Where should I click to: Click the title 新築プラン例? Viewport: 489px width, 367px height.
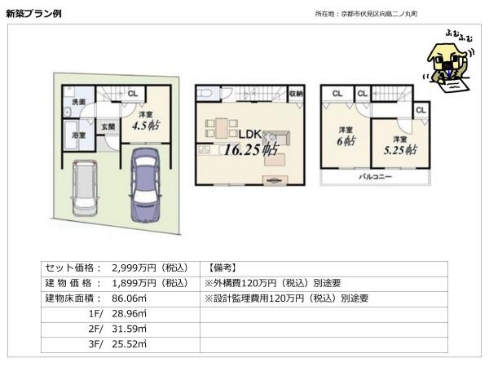(x=33, y=14)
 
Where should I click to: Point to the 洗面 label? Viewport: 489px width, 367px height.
(x=78, y=102)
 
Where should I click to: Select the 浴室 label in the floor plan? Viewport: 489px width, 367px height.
(x=78, y=134)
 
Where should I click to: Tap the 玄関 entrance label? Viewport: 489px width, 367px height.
(x=108, y=127)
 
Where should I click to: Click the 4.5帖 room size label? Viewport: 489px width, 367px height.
(x=146, y=125)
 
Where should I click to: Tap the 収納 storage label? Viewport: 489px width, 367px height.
(x=295, y=94)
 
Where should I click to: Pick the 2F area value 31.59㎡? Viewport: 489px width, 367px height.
(x=126, y=329)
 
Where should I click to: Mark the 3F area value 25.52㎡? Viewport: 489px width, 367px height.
(x=126, y=344)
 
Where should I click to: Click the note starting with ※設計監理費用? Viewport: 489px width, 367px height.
(x=287, y=298)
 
